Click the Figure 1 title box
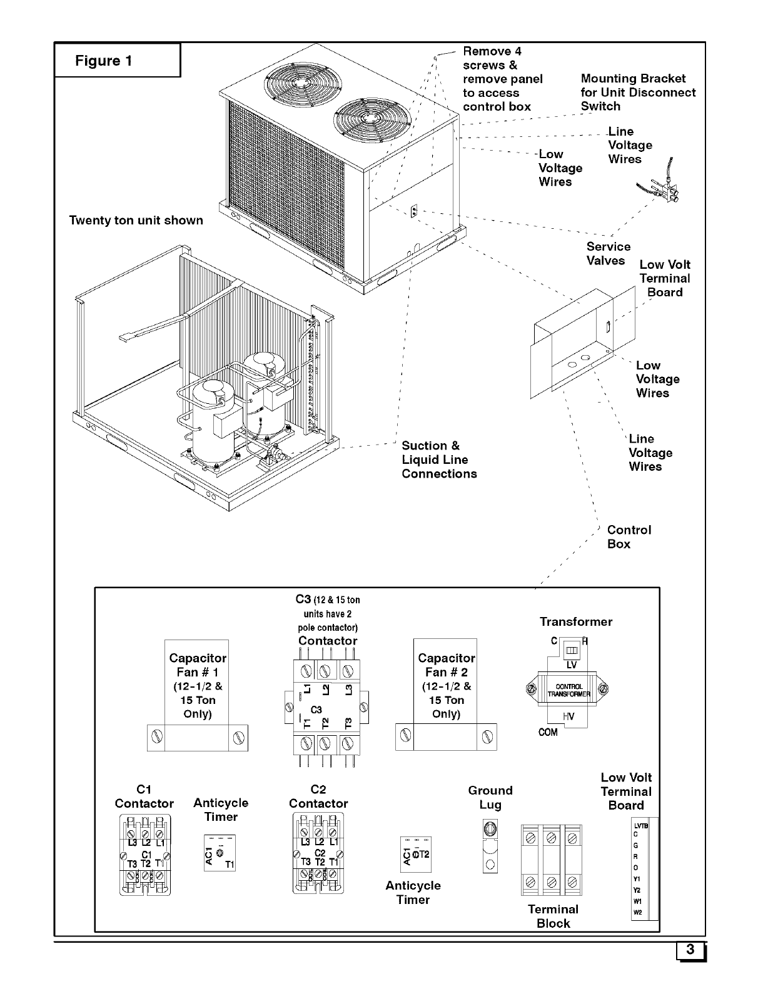click(x=117, y=60)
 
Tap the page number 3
click(x=690, y=950)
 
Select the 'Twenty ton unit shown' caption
click(x=136, y=220)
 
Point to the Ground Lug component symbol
click(x=490, y=846)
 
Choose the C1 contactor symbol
click(x=144, y=854)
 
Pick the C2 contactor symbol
click(x=318, y=854)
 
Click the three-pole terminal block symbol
click(x=552, y=860)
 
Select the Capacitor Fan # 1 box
click(x=197, y=694)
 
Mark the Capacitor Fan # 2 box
click(x=446, y=694)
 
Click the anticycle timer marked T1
click(x=220, y=853)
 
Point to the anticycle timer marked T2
click(x=415, y=854)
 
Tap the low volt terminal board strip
click(x=645, y=869)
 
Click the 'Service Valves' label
click(x=608, y=253)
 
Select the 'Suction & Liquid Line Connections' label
click(x=438, y=459)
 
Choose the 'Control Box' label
click(x=629, y=536)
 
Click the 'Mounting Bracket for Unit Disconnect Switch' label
click(x=637, y=92)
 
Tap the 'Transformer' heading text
click(x=575, y=621)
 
